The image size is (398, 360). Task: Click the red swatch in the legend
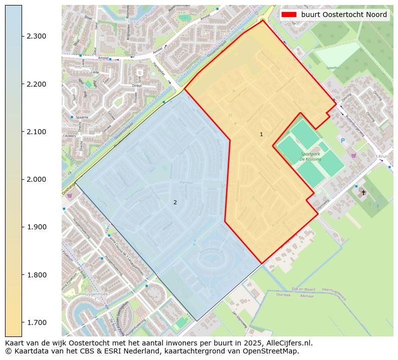pyautogui.click(x=289, y=15)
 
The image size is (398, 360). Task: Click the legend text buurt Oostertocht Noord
pyautogui.click(x=344, y=15)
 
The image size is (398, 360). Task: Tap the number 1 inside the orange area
pyautogui.click(x=261, y=134)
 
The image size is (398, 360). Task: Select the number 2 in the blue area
pyautogui.click(x=175, y=202)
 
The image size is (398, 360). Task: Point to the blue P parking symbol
pyautogui.click(x=343, y=141)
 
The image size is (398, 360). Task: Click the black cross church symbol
pyautogui.click(x=363, y=192)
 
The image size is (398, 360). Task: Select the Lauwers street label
pyautogui.click(x=70, y=136)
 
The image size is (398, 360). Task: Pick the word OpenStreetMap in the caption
pyautogui.click(x=274, y=351)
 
